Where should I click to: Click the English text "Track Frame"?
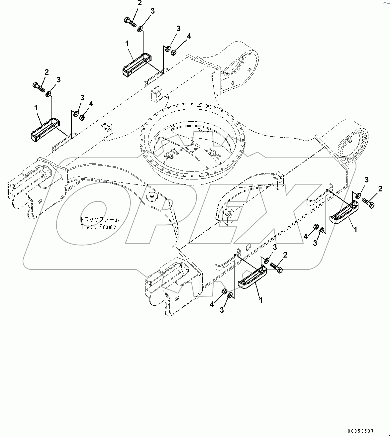(98, 227)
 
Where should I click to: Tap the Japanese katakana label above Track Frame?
(99, 220)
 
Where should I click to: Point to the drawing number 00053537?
(362, 431)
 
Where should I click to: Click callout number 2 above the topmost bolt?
(139, 3)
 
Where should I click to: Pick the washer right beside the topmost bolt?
(140, 29)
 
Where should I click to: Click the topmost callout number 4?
(189, 36)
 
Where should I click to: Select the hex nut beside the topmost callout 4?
(173, 53)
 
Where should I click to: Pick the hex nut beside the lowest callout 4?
(224, 292)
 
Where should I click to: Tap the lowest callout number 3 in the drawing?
(222, 310)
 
